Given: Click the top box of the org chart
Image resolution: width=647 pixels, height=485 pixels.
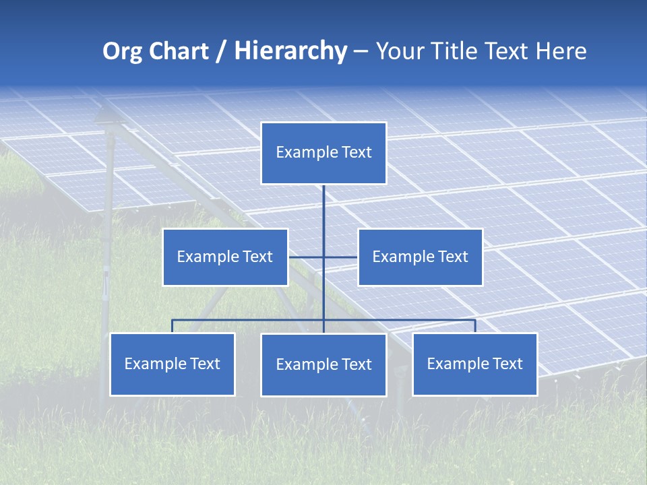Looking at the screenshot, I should pos(323,153).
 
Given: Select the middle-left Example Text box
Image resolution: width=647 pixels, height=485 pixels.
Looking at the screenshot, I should pos(225,257).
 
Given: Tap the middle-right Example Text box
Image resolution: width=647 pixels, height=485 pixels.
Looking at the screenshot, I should pos(420,257).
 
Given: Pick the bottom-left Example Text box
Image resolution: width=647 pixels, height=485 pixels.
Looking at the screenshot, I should pos(172,364).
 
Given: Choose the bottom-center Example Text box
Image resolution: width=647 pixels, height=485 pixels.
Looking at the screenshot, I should pos(323,364).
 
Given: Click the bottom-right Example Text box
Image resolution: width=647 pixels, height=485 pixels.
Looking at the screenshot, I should pos(474,364).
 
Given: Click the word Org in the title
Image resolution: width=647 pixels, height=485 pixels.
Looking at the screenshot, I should pos(121,51).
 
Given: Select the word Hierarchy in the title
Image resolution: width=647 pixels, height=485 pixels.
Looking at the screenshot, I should pos(290,51).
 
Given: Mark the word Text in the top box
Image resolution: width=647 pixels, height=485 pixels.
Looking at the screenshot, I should pos(356,152).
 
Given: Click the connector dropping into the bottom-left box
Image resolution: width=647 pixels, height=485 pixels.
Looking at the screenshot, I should pos(172,326).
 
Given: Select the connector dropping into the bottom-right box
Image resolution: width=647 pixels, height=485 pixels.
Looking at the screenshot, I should pos(474,326).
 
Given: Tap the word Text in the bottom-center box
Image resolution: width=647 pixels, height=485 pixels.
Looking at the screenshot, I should pos(356,364).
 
